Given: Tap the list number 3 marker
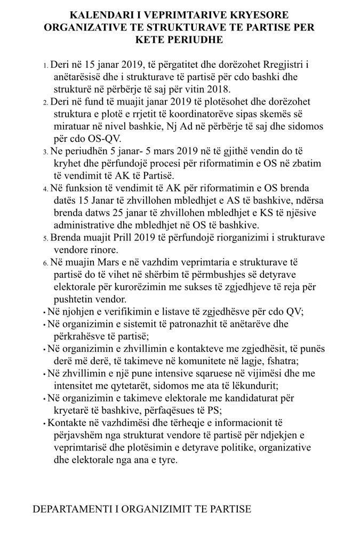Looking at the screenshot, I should point(45,152).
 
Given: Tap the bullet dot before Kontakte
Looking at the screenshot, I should point(44,423).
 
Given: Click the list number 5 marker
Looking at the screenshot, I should point(45,238).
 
